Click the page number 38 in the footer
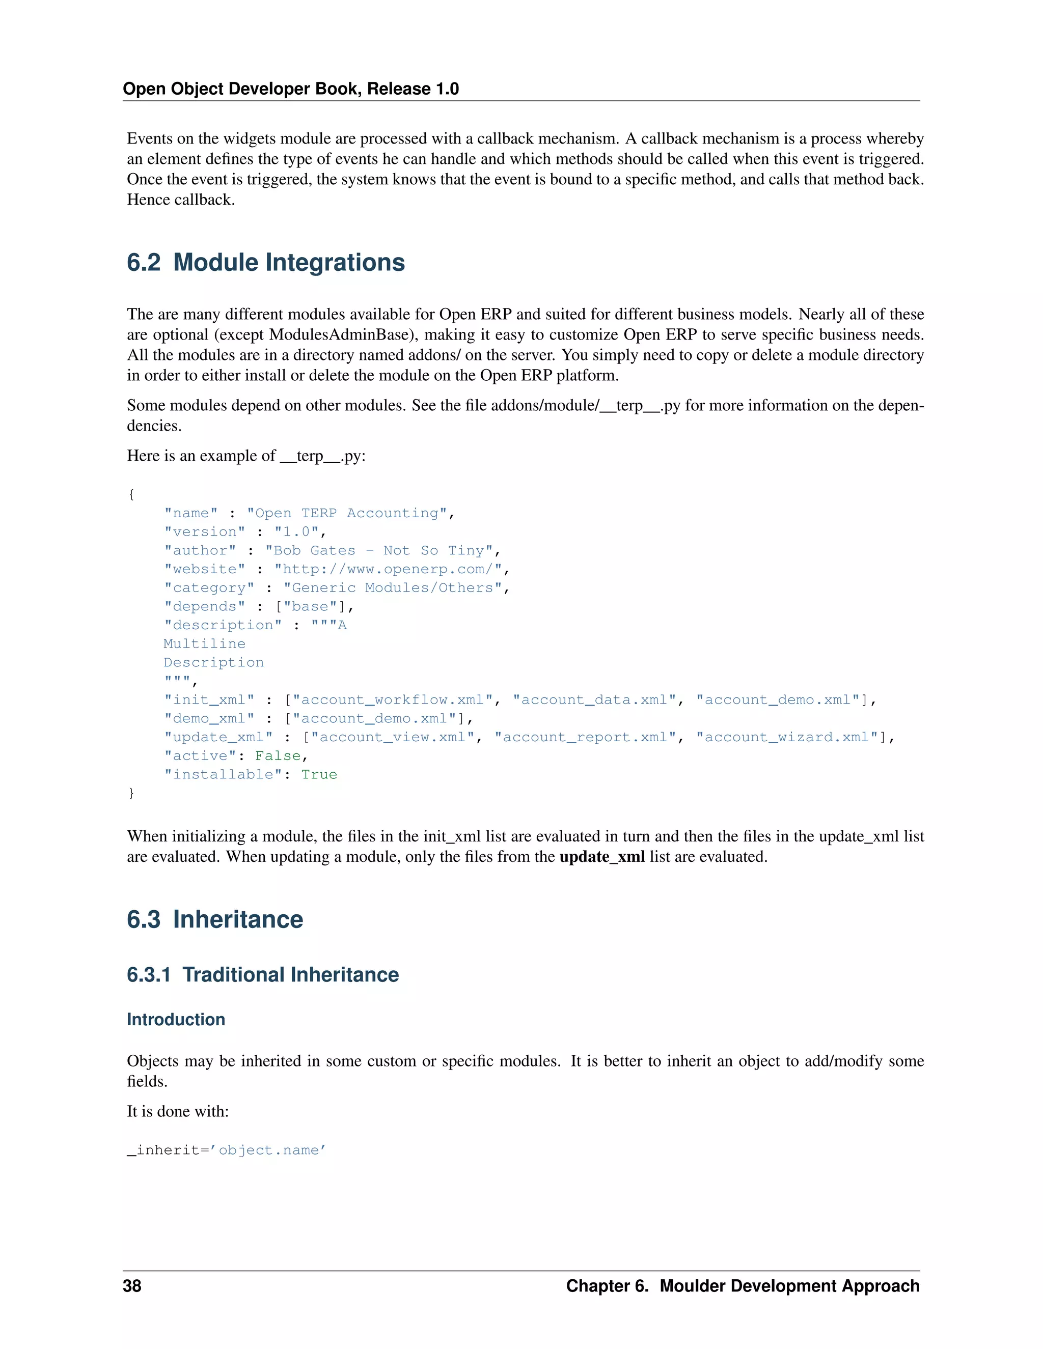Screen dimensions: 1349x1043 (132, 1285)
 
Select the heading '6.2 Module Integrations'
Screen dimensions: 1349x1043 (266, 263)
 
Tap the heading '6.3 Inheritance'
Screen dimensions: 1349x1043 (215, 919)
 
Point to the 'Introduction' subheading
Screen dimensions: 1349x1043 (176, 1019)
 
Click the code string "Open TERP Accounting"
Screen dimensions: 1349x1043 (347, 513)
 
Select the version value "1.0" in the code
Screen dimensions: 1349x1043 (296, 532)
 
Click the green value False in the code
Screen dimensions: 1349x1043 (278, 755)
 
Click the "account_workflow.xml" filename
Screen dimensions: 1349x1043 (392, 700)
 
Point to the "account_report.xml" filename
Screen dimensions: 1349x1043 (585, 737)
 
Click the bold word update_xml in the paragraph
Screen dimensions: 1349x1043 (602, 857)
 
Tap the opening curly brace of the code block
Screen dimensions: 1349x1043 (131, 494)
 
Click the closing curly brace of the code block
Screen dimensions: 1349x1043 (131, 793)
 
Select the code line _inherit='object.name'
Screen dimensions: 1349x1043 (227, 1150)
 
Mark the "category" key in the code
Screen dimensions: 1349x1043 (209, 587)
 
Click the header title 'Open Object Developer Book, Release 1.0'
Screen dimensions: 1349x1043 (290, 89)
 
